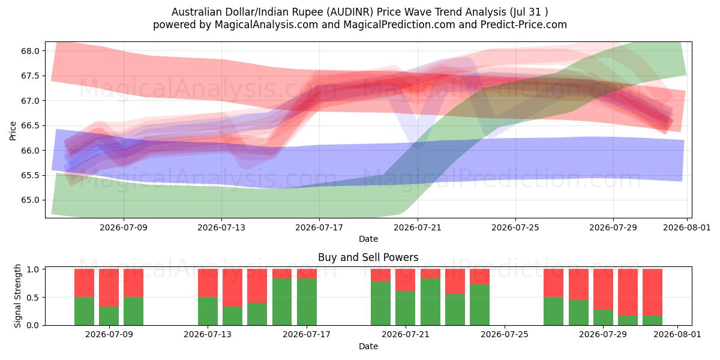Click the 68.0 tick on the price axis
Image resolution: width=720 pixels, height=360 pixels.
tap(30, 51)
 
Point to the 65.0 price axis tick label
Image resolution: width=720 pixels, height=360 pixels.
tap(30, 200)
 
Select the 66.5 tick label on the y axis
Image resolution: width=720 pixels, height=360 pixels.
tap(30, 125)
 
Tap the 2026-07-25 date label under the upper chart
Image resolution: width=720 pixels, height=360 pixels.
tap(515, 227)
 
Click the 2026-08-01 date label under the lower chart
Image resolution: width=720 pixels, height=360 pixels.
tap(677, 334)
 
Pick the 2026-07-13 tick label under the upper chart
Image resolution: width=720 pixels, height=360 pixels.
tap(221, 227)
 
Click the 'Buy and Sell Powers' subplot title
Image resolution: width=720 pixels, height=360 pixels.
tap(368, 257)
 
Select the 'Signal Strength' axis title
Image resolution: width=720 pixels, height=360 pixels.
tap(17, 296)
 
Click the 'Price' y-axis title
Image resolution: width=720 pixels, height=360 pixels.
tap(13, 131)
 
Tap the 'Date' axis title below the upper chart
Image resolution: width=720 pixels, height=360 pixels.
tap(368, 239)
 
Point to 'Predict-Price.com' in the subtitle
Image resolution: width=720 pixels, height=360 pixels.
tap(524, 25)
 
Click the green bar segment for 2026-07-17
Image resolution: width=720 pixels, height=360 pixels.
tap(307, 302)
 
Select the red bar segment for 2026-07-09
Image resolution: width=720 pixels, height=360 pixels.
tap(109, 287)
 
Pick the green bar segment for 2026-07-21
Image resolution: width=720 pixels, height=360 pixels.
tap(406, 308)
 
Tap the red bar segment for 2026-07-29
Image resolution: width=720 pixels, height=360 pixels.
tap(603, 289)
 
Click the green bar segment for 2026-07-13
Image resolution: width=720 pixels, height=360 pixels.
tap(208, 311)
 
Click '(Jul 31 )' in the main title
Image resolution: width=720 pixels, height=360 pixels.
tap(529, 12)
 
